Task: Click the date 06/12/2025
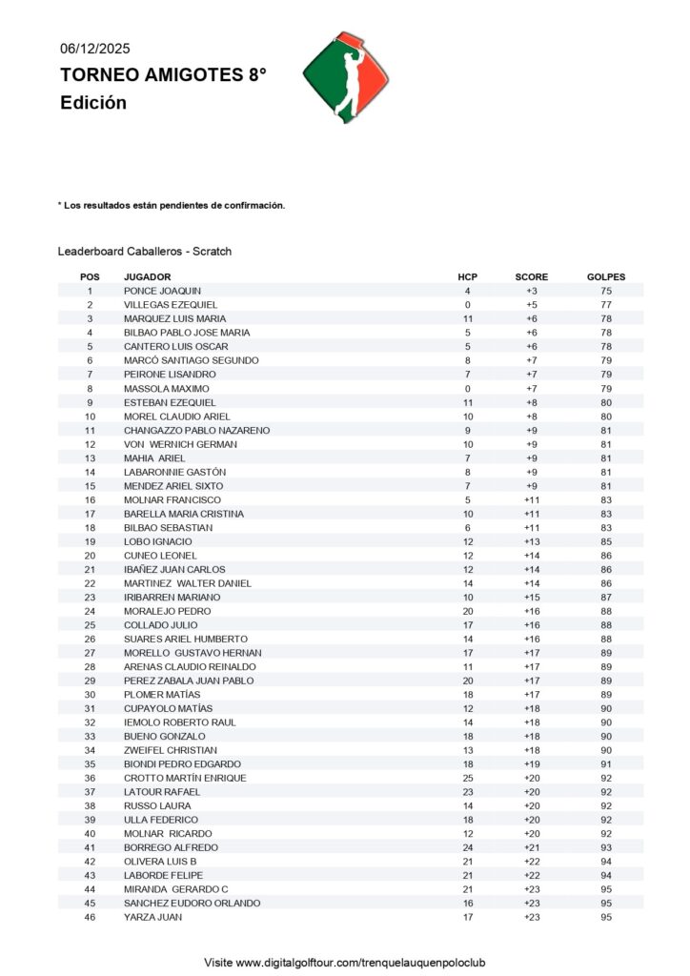click(x=95, y=49)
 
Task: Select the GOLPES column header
click(x=606, y=276)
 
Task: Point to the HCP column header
click(x=467, y=276)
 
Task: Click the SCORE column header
click(x=532, y=276)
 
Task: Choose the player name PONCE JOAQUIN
click(x=162, y=291)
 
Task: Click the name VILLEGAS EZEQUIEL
click(x=170, y=304)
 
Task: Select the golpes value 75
click(x=606, y=291)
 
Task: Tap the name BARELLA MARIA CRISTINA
click(x=184, y=514)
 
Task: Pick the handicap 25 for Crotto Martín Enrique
click(x=467, y=778)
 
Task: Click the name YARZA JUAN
click(x=152, y=917)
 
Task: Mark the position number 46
click(x=90, y=917)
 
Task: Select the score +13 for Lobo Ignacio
click(x=532, y=541)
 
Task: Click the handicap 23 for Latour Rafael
click(x=467, y=792)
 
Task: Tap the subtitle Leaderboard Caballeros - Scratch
click(x=145, y=252)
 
